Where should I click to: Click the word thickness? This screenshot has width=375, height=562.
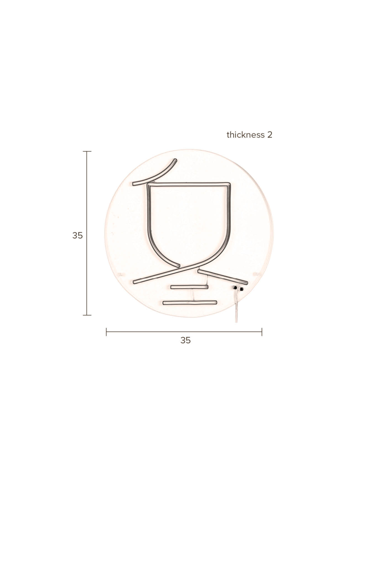click(x=246, y=135)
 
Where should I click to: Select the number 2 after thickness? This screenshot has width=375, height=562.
click(x=270, y=135)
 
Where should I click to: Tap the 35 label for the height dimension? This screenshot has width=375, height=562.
click(x=78, y=236)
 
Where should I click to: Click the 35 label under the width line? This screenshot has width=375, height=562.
click(x=185, y=340)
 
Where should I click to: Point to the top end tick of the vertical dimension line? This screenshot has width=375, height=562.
click(x=87, y=151)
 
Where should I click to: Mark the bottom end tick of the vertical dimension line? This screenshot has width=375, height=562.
click(x=87, y=315)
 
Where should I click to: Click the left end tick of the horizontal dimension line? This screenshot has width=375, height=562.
click(x=106, y=332)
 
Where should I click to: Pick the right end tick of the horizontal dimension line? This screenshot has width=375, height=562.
click(x=262, y=332)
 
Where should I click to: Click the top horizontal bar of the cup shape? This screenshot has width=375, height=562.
click(x=189, y=184)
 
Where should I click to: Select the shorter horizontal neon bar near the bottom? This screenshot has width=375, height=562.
click(x=189, y=287)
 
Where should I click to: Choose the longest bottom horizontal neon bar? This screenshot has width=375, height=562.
click(x=190, y=302)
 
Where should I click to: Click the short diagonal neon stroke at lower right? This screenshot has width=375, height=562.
click(x=222, y=276)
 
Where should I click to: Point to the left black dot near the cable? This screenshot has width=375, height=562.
click(x=235, y=288)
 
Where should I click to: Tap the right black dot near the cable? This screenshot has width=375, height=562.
click(x=241, y=289)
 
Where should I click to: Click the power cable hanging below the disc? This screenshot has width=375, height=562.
click(x=236, y=311)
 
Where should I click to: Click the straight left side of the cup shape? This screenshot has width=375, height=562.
click(x=148, y=210)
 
